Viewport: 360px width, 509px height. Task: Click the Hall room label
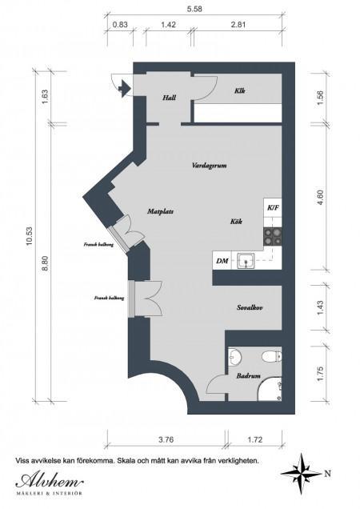pos(170,98)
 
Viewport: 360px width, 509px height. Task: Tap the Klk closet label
pos(239,90)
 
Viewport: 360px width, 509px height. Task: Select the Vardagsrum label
pos(209,166)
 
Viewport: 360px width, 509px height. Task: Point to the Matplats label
pos(160,211)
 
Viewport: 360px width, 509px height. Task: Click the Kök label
pos(236,222)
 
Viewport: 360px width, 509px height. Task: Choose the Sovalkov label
pos(250,307)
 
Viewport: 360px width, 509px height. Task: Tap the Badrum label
pos(248,376)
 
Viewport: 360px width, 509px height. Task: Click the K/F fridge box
pos(273,208)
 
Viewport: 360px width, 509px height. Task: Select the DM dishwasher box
pos(222,260)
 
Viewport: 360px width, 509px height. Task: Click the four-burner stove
pos(272,237)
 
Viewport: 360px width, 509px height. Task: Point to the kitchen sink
pos(246,261)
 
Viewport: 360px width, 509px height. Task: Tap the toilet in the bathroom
pos(272,356)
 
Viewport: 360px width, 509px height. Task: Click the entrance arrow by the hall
pos(124,88)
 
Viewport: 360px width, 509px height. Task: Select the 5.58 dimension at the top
pos(194,9)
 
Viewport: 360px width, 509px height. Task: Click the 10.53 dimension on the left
pos(30,236)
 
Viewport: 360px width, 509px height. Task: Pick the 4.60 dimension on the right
pos(320,197)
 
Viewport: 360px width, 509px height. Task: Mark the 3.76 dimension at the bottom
pos(166,440)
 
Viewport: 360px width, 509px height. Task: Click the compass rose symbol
pos(302,474)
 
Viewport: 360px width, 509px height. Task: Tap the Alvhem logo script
pos(49,480)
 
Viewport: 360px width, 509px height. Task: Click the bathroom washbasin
pos(234,357)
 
